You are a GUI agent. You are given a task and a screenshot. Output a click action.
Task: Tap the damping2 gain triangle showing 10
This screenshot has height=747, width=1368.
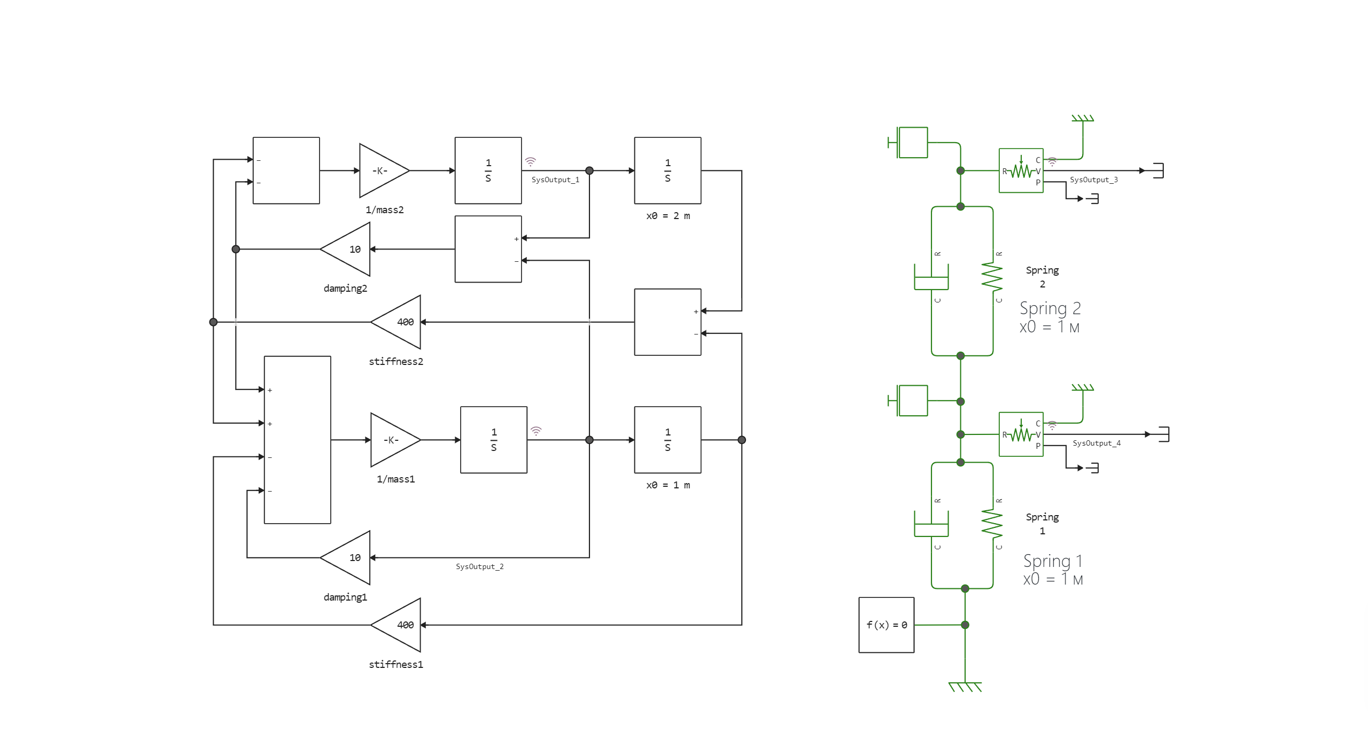pyautogui.click(x=349, y=250)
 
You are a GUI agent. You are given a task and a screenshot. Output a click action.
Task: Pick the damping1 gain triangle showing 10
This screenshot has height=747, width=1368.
pyautogui.click(x=349, y=558)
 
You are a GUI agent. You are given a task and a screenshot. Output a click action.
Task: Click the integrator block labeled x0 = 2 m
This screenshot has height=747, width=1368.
pyautogui.click(x=667, y=171)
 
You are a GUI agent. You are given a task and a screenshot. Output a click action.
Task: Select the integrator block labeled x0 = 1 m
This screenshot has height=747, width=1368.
pyautogui.click(x=667, y=440)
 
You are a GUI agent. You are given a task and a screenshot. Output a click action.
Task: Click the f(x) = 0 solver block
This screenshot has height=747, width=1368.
pyautogui.click(x=886, y=625)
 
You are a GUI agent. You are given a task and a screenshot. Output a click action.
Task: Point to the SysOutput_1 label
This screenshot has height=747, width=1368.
pyautogui.click(x=555, y=180)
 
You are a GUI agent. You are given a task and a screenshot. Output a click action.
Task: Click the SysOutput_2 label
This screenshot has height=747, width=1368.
pyautogui.click(x=479, y=567)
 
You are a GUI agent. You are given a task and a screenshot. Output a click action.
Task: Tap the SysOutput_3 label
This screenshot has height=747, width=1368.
pyautogui.click(x=1093, y=180)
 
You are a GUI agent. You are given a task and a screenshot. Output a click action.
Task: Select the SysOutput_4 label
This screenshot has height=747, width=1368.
pyautogui.click(x=1096, y=443)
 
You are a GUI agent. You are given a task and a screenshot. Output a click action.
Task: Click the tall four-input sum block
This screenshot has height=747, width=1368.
pyautogui.click(x=297, y=440)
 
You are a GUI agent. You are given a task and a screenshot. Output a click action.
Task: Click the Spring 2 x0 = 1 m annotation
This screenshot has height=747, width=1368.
pyautogui.click(x=1050, y=317)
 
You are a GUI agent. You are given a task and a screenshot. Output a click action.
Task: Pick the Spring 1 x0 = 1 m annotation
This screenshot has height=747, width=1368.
pyautogui.click(x=1053, y=570)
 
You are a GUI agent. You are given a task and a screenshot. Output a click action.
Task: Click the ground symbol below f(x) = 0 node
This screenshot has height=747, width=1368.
pyautogui.click(x=965, y=687)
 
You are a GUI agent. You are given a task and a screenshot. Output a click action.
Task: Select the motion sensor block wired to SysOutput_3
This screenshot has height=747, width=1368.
pyautogui.click(x=1021, y=171)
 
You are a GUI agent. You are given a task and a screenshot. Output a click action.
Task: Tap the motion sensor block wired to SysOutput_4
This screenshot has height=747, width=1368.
pyautogui.click(x=1021, y=434)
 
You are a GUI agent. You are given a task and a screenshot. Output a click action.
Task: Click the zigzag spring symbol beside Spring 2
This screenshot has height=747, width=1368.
pyautogui.click(x=992, y=277)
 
